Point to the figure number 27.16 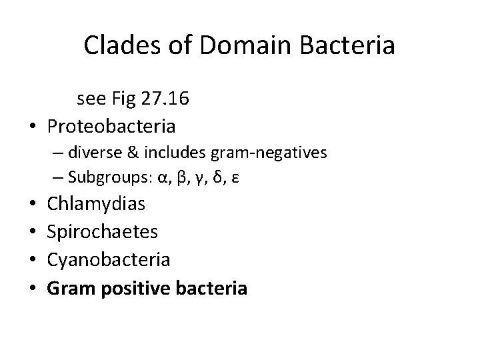pos(168,100)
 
